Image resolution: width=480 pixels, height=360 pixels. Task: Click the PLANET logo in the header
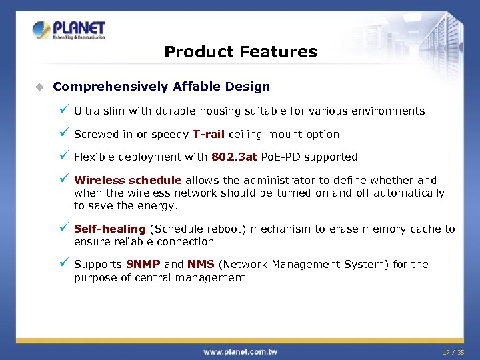point(69,30)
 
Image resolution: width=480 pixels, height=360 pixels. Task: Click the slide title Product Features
point(240,51)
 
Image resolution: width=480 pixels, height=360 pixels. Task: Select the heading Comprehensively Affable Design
point(161,87)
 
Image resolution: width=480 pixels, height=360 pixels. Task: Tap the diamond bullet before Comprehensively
point(39,87)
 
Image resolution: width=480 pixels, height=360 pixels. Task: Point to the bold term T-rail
point(209,135)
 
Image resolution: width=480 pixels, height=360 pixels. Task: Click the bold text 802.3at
point(233,157)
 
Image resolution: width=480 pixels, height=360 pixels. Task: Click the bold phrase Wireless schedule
point(128,180)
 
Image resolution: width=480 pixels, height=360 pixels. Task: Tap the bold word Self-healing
point(110,229)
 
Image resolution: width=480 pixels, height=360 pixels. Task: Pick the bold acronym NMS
point(201,265)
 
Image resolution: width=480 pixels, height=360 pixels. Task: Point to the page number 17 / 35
point(454,351)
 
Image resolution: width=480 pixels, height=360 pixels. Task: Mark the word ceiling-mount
point(259,135)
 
